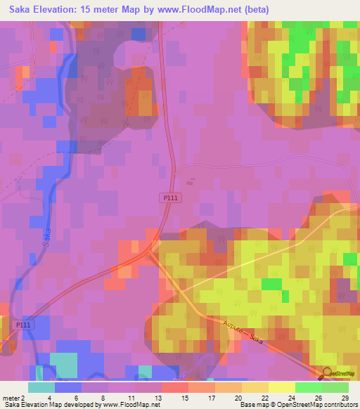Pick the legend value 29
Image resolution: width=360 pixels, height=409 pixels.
click(345, 397)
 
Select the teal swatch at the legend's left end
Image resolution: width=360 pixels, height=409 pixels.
click(41, 387)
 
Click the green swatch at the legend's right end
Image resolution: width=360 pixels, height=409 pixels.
click(335, 387)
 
